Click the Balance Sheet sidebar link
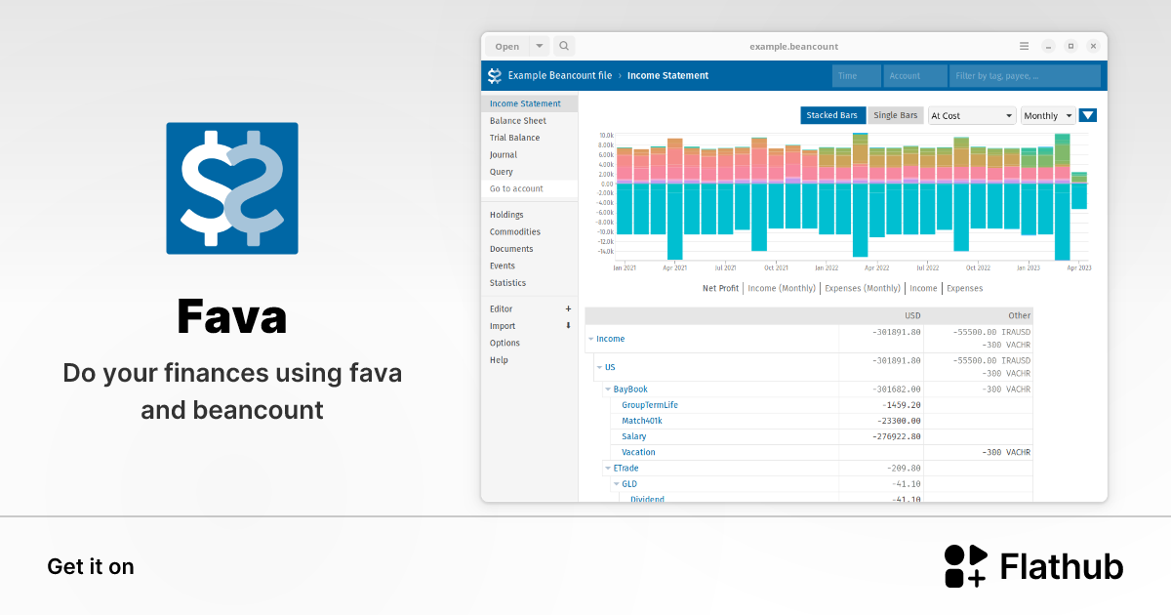pyautogui.click(x=517, y=121)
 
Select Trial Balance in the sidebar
pyautogui.click(x=514, y=138)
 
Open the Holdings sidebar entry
pyautogui.click(x=506, y=215)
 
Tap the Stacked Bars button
pyautogui.click(x=832, y=115)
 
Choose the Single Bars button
pyautogui.click(x=895, y=115)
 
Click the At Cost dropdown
pyautogui.click(x=972, y=115)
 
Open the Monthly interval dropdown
pyautogui.click(x=1047, y=115)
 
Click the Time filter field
pyautogui.click(x=856, y=75)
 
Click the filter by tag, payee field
pyautogui.click(x=1025, y=75)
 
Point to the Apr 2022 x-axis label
pyautogui.click(x=875, y=267)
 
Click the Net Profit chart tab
pyautogui.click(x=720, y=288)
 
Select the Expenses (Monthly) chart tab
pyautogui.click(x=862, y=288)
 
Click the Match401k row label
pyautogui.click(x=642, y=421)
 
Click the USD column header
pyautogui.click(x=912, y=315)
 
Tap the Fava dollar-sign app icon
pyautogui.click(x=232, y=188)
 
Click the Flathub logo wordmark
pyautogui.click(x=1061, y=567)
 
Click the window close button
pyautogui.click(x=1093, y=46)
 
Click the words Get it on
pyautogui.click(x=91, y=567)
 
